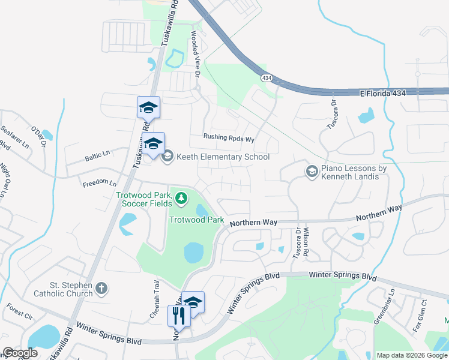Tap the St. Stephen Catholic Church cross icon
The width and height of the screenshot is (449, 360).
pos(101,289)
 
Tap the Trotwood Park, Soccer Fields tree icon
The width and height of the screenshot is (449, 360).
pos(180,197)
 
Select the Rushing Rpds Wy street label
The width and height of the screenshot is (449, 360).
pos(229,137)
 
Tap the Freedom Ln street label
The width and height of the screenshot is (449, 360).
pos(100,182)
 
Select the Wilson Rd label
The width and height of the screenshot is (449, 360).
pos(306,242)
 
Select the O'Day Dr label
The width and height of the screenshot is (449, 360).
pos(38,135)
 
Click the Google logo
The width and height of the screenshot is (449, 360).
pos(19,352)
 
